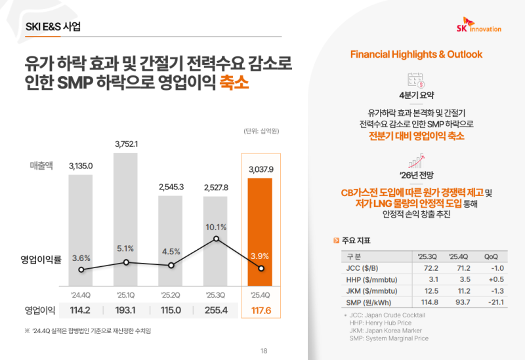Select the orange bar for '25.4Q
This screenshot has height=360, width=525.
point(261,233)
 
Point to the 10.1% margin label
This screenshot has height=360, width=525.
point(216,228)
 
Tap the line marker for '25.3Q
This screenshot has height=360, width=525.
point(217,239)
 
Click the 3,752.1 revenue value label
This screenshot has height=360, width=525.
point(126,144)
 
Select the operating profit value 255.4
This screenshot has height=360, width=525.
point(216,310)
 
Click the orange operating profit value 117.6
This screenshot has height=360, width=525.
point(261,310)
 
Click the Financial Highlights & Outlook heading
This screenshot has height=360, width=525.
point(416,53)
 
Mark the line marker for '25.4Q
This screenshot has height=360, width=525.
point(261,268)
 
